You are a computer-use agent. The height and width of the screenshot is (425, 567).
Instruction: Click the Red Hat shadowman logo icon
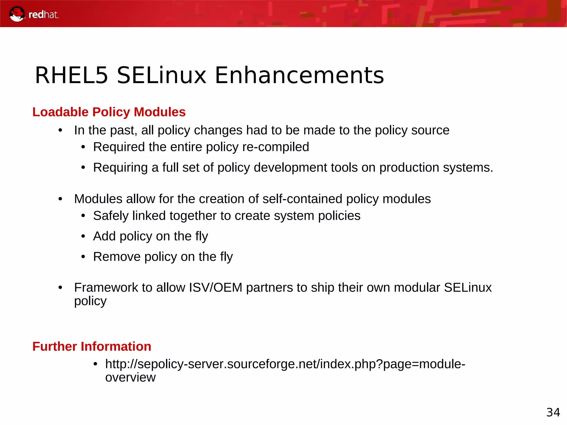pyautogui.click(x=17, y=14)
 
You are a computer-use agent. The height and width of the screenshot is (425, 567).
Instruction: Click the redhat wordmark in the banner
pyautogui.click(x=43, y=15)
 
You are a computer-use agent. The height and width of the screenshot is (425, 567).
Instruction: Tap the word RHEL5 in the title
pyautogui.click(x=71, y=75)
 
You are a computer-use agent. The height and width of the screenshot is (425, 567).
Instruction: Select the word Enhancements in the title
pyautogui.click(x=299, y=75)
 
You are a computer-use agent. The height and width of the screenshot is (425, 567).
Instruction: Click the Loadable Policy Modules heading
pyautogui.click(x=109, y=112)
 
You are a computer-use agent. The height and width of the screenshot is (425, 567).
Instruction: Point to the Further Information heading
pyautogui.click(x=92, y=346)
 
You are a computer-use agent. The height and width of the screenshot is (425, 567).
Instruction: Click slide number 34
pyautogui.click(x=553, y=412)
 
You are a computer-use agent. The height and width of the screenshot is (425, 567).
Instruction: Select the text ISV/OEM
pyautogui.click(x=215, y=287)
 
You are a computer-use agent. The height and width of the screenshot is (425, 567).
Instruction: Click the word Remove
pyautogui.click(x=117, y=257)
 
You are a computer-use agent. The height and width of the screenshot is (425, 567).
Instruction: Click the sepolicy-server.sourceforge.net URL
pyautogui.click(x=285, y=364)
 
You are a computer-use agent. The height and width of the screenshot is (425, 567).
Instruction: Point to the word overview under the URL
pyautogui.click(x=130, y=377)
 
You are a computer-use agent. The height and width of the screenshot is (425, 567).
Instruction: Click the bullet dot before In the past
pyautogui.click(x=60, y=130)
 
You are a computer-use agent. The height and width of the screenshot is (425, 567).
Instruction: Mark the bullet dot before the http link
pyautogui.click(x=95, y=364)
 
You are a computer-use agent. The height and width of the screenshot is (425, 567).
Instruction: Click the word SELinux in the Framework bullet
pyautogui.click(x=468, y=287)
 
